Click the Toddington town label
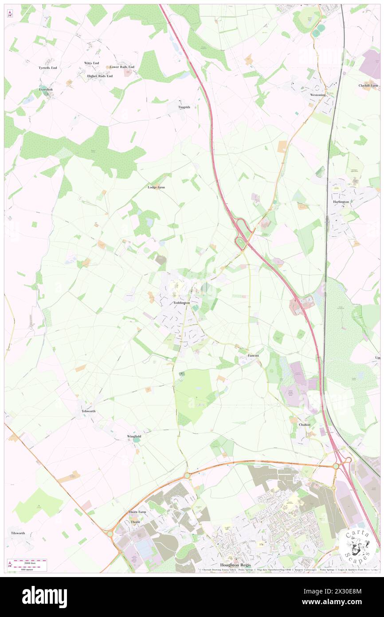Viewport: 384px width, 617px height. (181, 303)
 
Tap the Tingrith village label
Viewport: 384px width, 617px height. (184, 107)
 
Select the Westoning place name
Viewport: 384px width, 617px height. (317, 95)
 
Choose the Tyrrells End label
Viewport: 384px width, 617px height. (47, 68)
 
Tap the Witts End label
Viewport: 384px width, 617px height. (91, 63)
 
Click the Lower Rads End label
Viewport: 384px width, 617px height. (122, 67)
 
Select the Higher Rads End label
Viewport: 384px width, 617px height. (100, 76)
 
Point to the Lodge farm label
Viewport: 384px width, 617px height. (156, 187)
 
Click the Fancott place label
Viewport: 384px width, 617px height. (253, 356)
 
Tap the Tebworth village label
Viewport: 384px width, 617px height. (88, 411)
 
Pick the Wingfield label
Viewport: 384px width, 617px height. (134, 436)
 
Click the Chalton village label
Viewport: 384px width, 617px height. (305, 424)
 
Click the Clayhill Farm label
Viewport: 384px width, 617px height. (368, 86)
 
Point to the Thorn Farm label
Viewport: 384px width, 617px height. (137, 512)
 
